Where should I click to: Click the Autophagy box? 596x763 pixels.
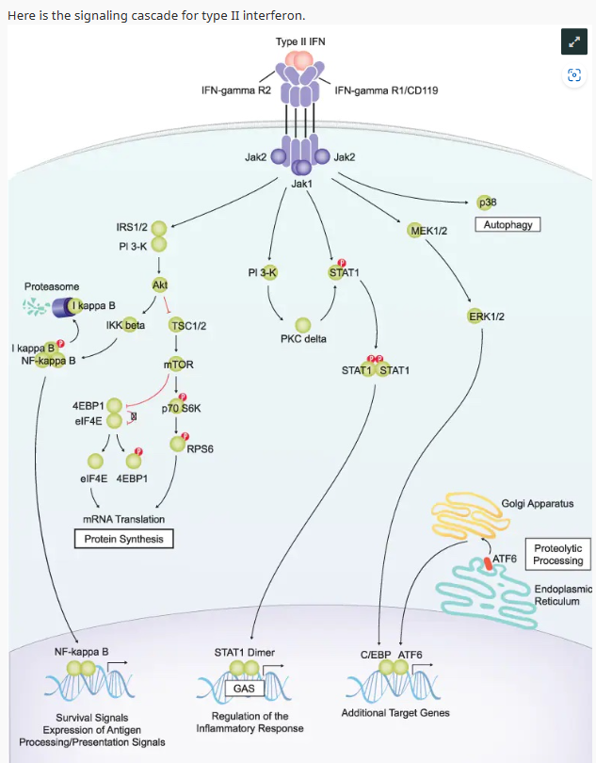coord(509,225)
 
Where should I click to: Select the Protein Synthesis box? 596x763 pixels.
coord(124,539)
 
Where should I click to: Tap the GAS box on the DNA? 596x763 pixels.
coord(244,689)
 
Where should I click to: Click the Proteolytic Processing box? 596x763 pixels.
coord(557,554)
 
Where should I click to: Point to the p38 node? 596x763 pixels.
coord(488,202)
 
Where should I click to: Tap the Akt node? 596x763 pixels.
coord(160,284)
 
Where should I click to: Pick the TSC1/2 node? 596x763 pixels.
coord(187,325)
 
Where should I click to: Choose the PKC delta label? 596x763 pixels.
coord(303,339)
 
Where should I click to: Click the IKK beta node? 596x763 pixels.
coord(125,325)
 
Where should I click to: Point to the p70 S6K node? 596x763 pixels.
coord(181,408)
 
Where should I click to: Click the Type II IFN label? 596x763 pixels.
coord(300,42)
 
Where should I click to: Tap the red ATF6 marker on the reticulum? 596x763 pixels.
coord(488,563)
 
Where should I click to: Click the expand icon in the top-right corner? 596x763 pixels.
coord(572,41)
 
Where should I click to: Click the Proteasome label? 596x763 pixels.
coord(52,286)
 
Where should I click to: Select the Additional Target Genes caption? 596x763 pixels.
coord(395,712)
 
